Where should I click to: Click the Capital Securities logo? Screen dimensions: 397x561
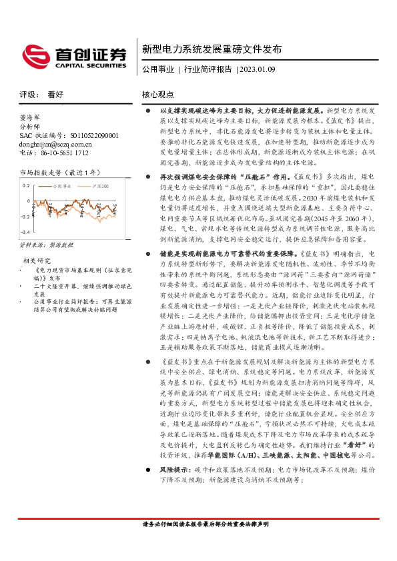coord(73,56)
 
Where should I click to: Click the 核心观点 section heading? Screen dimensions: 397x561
coord(158,95)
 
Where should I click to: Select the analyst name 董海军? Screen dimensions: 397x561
coord(31,115)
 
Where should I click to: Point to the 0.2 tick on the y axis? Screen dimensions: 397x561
coord(26,186)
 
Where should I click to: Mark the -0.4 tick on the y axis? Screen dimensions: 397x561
coord(25,231)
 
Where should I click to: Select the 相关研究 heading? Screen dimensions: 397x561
coord(37,260)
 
